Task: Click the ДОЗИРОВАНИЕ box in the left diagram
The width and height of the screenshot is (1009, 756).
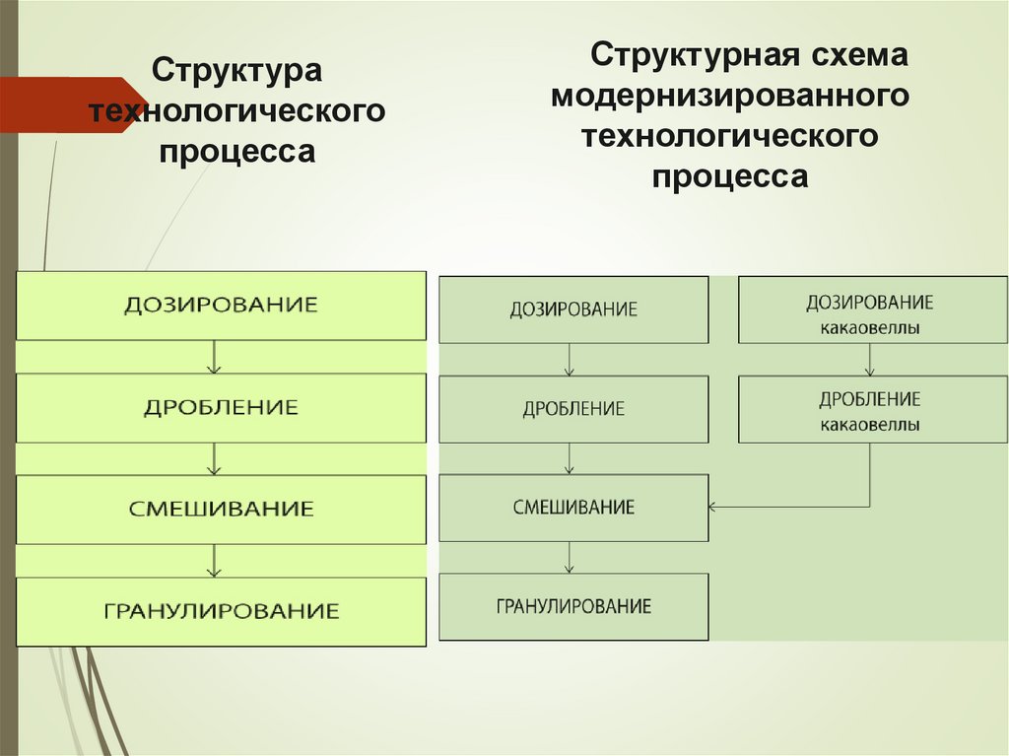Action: pos(221,306)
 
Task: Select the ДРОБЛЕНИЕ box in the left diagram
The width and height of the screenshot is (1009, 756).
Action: pos(221,407)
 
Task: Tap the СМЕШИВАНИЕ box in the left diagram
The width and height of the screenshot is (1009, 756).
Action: pos(221,509)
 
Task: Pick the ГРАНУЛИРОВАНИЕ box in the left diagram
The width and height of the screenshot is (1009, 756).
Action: pos(221,611)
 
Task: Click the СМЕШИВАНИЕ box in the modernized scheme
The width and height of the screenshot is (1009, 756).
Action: pos(573,508)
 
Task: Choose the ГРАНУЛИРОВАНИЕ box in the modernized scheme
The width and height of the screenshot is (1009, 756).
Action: pos(573,606)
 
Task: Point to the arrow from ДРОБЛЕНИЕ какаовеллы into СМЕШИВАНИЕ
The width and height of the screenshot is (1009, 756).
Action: pos(788,507)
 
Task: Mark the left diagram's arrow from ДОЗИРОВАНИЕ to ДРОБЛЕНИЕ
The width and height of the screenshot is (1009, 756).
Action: pos(215,357)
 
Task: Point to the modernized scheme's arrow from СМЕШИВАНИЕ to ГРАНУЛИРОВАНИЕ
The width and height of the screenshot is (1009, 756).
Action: pos(570,557)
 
